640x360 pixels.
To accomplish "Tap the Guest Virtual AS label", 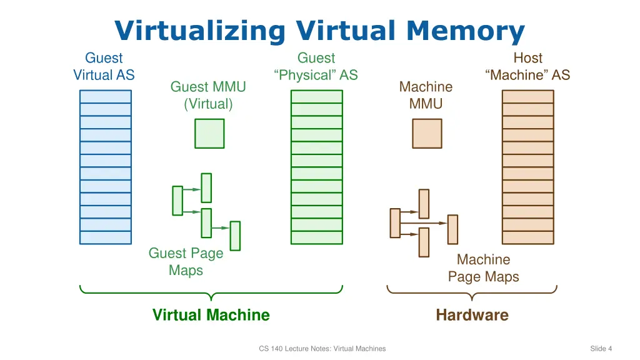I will tap(104, 66).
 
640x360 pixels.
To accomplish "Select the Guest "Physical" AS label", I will tap(316, 66).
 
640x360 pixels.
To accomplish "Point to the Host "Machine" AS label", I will tap(527, 66).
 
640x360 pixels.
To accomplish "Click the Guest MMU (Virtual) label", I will tap(208, 95).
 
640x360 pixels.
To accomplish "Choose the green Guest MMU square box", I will tap(209, 133).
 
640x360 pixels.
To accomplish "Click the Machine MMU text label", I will tap(426, 95).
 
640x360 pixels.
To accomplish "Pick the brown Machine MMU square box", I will tap(427, 133).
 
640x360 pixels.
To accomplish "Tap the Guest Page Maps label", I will tap(186, 262).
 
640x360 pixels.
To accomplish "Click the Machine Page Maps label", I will tap(483, 267).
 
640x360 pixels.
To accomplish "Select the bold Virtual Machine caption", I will tap(211, 315).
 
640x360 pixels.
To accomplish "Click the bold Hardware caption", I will tap(472, 315).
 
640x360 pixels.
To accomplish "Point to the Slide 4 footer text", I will tap(601, 348).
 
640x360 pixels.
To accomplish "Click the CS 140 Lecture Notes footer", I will tap(322, 348).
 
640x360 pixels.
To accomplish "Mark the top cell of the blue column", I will tap(106, 96).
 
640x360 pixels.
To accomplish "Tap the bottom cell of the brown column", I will tap(528, 237).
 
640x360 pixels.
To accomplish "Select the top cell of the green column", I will tap(317, 96).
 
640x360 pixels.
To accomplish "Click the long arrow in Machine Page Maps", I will tap(424, 222).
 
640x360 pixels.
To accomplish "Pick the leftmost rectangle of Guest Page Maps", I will tap(177, 200).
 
